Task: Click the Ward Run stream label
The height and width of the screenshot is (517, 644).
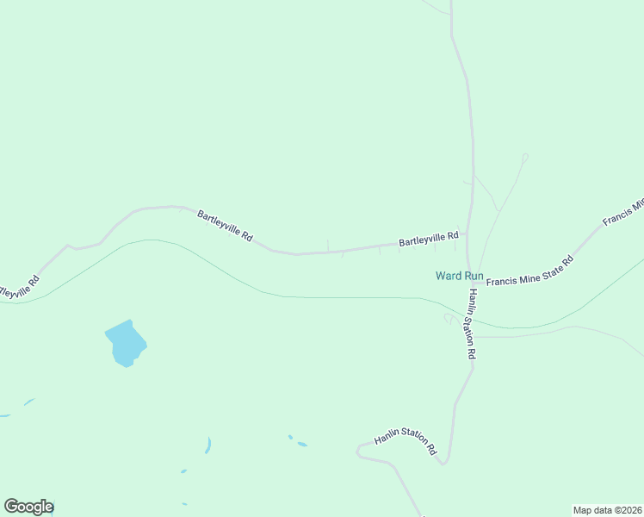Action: coord(459,276)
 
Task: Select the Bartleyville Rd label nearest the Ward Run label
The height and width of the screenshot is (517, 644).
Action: coord(428,239)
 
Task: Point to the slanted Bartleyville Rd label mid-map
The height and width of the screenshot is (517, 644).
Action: coord(225,226)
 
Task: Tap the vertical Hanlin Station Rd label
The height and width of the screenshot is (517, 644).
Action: coord(471,324)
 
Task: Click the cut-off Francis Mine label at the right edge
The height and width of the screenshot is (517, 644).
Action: coord(623,214)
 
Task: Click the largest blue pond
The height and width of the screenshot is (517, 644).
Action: coord(125,343)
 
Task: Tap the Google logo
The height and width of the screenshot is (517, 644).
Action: coord(28,507)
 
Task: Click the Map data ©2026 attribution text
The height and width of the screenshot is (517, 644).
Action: coord(608,510)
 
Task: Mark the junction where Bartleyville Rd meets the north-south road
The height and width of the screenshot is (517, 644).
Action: coord(468,234)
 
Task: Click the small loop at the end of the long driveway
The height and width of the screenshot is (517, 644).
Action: coord(524,157)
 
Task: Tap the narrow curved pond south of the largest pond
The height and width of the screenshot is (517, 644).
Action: coord(207,445)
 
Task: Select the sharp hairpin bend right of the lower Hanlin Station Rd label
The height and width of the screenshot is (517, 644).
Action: coord(443,463)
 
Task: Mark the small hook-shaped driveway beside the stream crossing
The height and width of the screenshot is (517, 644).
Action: coord(448,318)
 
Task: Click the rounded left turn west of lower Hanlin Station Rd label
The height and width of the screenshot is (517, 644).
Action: coord(359,451)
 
